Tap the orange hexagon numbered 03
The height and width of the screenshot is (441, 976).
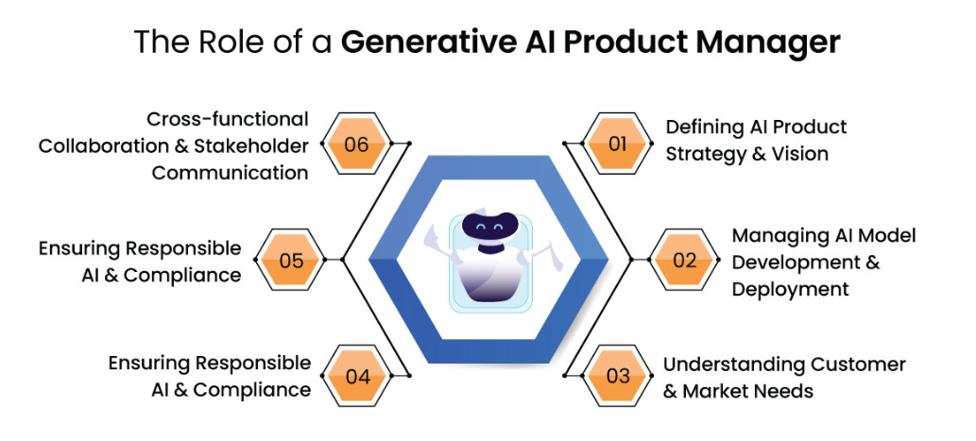[618, 375]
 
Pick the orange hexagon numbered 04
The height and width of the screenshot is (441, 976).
[357, 375]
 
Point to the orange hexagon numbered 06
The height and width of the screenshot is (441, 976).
[357, 145]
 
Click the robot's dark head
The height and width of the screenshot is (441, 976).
[488, 228]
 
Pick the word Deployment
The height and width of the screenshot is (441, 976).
[790, 288]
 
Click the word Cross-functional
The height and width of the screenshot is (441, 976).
[228, 120]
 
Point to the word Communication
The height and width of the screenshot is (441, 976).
[230, 173]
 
